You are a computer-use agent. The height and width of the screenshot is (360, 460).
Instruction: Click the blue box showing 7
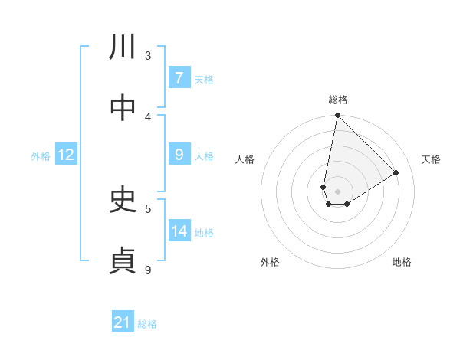(179, 78)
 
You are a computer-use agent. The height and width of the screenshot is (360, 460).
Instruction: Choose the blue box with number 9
(179, 155)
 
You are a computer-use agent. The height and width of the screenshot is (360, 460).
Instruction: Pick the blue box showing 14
(179, 231)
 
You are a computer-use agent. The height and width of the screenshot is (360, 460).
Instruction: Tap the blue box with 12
(66, 155)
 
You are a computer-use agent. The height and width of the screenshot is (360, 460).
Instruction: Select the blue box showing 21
(123, 322)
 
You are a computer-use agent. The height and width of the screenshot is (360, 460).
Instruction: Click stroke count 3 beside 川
(148, 55)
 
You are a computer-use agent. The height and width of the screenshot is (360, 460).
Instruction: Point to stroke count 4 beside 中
(148, 116)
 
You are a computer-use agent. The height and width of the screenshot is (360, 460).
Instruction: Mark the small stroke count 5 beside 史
(148, 208)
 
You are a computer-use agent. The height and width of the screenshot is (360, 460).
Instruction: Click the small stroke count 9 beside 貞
(148, 270)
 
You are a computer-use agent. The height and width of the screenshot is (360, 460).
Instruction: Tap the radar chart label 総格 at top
(338, 100)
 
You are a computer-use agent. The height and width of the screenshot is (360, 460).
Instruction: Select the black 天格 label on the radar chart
(431, 159)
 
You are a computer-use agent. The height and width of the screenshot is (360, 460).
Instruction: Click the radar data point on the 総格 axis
(337, 116)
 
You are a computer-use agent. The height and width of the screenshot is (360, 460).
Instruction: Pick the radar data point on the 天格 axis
(396, 173)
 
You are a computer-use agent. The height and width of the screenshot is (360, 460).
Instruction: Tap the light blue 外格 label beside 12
(41, 156)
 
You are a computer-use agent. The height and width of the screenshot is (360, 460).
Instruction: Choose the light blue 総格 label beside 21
(147, 324)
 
